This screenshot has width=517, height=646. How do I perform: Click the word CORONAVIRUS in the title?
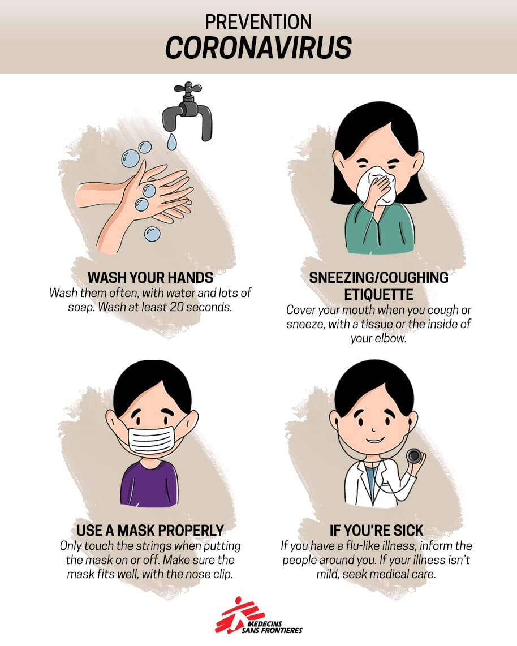pyautogui.click(x=258, y=47)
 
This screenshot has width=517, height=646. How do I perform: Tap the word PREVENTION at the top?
pyautogui.click(x=258, y=22)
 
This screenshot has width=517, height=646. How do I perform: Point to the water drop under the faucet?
pyautogui.click(x=172, y=141)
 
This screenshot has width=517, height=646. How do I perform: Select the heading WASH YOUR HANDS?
pyautogui.click(x=150, y=278)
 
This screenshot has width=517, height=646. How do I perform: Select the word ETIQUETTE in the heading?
pyautogui.click(x=378, y=295)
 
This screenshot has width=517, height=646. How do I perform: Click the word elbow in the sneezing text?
pyautogui.click(x=390, y=339)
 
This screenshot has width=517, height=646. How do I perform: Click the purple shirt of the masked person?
pyautogui.click(x=149, y=484)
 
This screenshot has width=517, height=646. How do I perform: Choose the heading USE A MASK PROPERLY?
pyautogui.click(x=150, y=530)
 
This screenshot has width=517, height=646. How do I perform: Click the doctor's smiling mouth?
pyautogui.click(x=374, y=440)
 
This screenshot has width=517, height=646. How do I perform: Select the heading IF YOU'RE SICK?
pyautogui.click(x=377, y=530)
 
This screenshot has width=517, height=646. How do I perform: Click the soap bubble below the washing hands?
pyautogui.click(x=152, y=234)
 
